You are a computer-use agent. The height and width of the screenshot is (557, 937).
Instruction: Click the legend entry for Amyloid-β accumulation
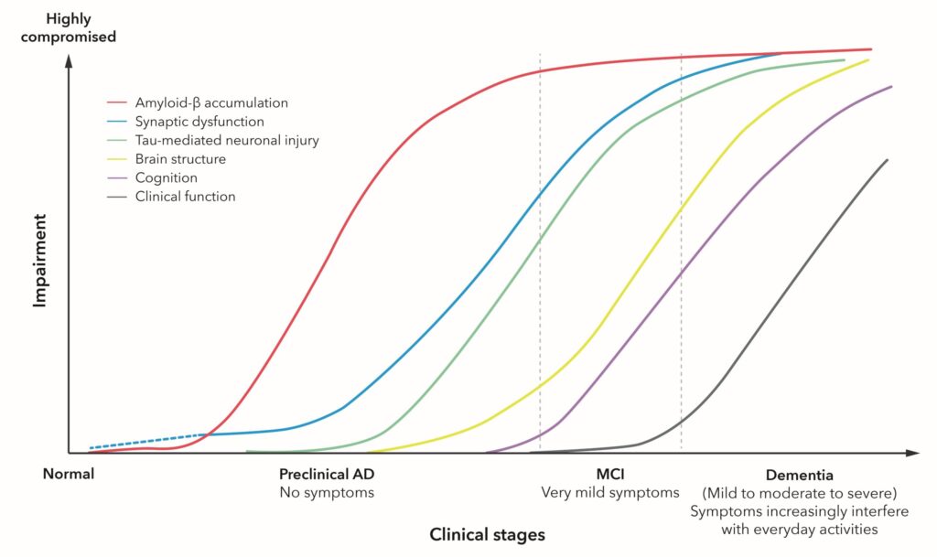pyautogui.click(x=211, y=102)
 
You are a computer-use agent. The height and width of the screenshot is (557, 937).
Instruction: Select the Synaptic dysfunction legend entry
pyautogui.click(x=199, y=122)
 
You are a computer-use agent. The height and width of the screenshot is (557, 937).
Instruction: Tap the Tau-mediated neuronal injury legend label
pyautogui.click(x=227, y=140)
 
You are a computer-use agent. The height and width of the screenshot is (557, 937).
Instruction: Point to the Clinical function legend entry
pyautogui.click(x=185, y=196)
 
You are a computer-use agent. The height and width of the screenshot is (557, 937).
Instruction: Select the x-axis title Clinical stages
pyautogui.click(x=487, y=535)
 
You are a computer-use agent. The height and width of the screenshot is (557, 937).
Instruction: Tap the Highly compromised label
pyautogui.click(x=81, y=27)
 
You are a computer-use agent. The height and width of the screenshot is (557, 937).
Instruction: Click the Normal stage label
pyautogui.click(x=69, y=475)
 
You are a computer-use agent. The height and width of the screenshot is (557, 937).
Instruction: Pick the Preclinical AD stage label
pyautogui.click(x=327, y=475)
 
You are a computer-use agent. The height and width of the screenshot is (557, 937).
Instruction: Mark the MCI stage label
pyautogui.click(x=609, y=475)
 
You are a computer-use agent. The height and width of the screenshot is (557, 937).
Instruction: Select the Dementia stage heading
pyautogui.click(x=799, y=475)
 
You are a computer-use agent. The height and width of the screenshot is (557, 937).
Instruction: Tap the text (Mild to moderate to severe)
pyautogui.click(x=799, y=494)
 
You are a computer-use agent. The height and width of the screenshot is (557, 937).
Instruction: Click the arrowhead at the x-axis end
pyautogui.click(x=912, y=453)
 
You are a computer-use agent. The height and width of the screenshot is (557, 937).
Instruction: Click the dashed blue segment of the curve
pyautogui.click(x=146, y=441)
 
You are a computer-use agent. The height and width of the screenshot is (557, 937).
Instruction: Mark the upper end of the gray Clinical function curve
pyautogui.click(x=887, y=160)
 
